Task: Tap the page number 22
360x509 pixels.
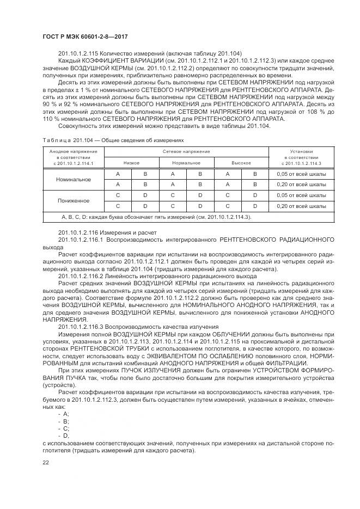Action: [x=45, y=462]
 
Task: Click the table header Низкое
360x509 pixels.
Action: [x=131, y=163]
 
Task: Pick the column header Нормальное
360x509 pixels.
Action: [x=186, y=163]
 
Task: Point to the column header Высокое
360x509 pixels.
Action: [x=241, y=163]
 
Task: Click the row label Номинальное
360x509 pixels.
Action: [x=74, y=179]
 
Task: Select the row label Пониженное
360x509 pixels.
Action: [x=74, y=201]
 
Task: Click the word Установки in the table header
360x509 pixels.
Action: [x=301, y=151]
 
